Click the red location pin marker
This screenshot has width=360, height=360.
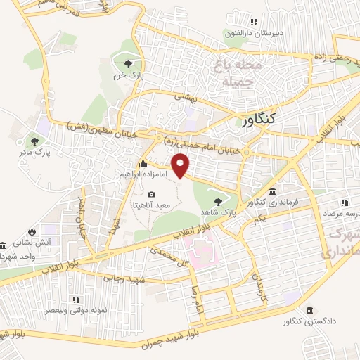point(182,167)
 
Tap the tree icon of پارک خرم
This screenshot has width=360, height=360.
point(127,63)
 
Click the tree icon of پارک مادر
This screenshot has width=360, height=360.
point(34,141)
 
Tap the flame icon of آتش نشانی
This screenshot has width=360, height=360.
point(31,231)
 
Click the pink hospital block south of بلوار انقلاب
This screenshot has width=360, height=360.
point(202,250)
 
